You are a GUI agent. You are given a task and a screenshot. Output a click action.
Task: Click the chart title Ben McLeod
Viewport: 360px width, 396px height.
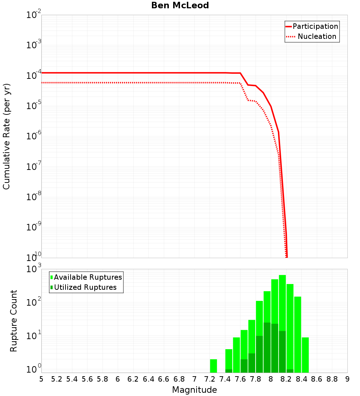tap(180, 5)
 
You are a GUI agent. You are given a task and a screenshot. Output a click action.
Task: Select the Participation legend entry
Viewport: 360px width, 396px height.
tap(312, 26)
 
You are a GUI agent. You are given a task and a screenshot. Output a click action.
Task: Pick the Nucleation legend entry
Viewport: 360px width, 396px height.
tap(312, 36)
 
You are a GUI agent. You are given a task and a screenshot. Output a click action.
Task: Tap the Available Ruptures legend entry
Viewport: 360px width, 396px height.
tap(86, 277)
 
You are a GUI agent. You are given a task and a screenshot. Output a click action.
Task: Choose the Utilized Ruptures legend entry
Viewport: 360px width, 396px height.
tap(84, 287)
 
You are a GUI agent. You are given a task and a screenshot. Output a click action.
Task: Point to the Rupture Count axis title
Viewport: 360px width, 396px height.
tap(13, 321)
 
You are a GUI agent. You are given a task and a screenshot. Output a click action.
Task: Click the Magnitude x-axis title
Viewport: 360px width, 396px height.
tap(194, 390)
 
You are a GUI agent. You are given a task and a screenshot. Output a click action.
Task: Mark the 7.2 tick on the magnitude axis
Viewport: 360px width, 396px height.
tap(210, 379)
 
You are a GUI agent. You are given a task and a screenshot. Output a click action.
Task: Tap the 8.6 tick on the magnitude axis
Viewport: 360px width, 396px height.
tap(317, 379)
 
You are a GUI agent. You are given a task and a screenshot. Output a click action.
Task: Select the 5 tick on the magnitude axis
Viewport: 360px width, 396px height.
tap(41, 379)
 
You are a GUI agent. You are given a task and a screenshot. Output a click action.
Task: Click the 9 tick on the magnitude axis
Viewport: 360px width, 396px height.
tap(347, 379)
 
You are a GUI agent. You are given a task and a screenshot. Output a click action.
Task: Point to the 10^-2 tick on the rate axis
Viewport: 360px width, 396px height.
tap(34, 15)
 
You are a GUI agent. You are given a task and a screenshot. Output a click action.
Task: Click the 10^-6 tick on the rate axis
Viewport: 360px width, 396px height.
tap(34, 136)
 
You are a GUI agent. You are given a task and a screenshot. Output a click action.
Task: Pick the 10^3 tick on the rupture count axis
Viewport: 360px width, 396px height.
tap(35, 269)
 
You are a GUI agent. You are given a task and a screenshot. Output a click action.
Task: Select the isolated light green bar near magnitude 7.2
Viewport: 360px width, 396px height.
tap(213, 366)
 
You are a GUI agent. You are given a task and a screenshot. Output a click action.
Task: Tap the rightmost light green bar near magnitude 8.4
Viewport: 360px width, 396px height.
tap(305, 355)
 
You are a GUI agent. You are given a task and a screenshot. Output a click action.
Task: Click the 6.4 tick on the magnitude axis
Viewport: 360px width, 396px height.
tap(148, 379)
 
